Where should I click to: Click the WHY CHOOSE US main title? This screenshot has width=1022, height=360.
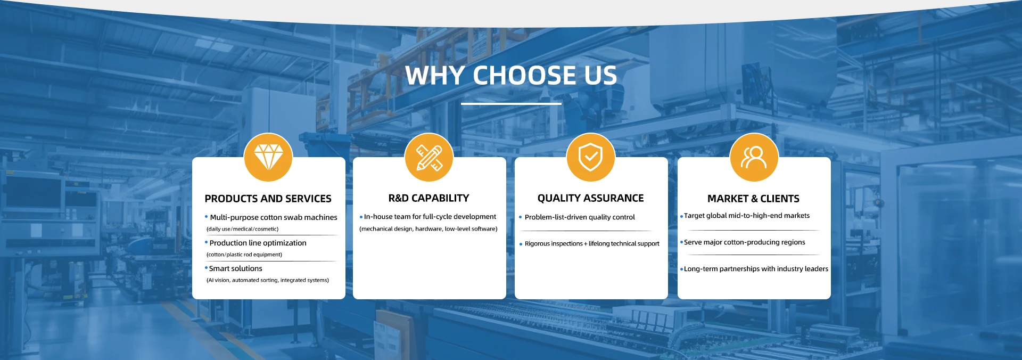[511, 75]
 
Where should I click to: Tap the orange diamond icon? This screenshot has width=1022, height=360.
[268, 158]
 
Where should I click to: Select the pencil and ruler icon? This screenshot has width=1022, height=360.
[429, 158]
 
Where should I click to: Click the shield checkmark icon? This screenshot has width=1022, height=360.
[591, 158]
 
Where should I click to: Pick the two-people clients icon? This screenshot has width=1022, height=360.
[754, 158]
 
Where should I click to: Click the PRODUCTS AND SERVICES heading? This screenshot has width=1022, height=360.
[268, 199]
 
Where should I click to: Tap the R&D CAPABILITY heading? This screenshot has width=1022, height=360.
[429, 198]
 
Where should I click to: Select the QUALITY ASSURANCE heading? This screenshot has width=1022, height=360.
[590, 198]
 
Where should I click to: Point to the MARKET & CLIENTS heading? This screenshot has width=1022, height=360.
[753, 199]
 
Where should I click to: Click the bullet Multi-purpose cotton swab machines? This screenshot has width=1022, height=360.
[274, 217]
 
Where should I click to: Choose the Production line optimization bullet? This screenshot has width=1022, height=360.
[258, 243]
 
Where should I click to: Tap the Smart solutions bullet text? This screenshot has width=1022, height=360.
[235, 268]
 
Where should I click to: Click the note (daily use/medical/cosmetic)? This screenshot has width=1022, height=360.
[242, 229]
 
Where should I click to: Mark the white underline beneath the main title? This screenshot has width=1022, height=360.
[511, 103]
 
